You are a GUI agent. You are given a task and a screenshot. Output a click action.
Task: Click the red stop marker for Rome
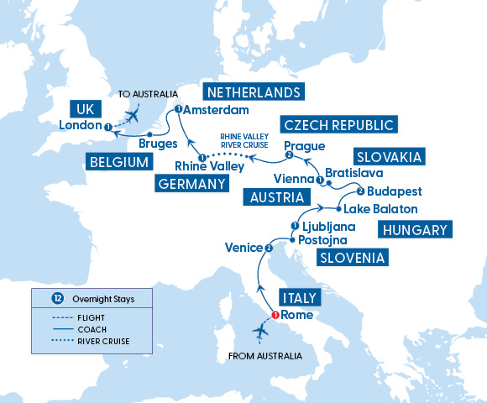[x=275, y=316]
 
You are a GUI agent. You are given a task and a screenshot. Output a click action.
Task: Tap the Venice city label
[x=242, y=248]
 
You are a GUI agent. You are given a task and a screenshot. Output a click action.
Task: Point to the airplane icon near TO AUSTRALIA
[x=133, y=115]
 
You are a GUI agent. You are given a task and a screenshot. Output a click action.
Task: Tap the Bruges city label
[x=157, y=144]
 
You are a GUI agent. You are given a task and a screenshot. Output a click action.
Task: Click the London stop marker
[x=108, y=127]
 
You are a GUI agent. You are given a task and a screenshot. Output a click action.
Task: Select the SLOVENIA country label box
[x=352, y=259]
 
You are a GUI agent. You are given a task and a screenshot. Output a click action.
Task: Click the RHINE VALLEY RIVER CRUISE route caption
[x=244, y=139]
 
